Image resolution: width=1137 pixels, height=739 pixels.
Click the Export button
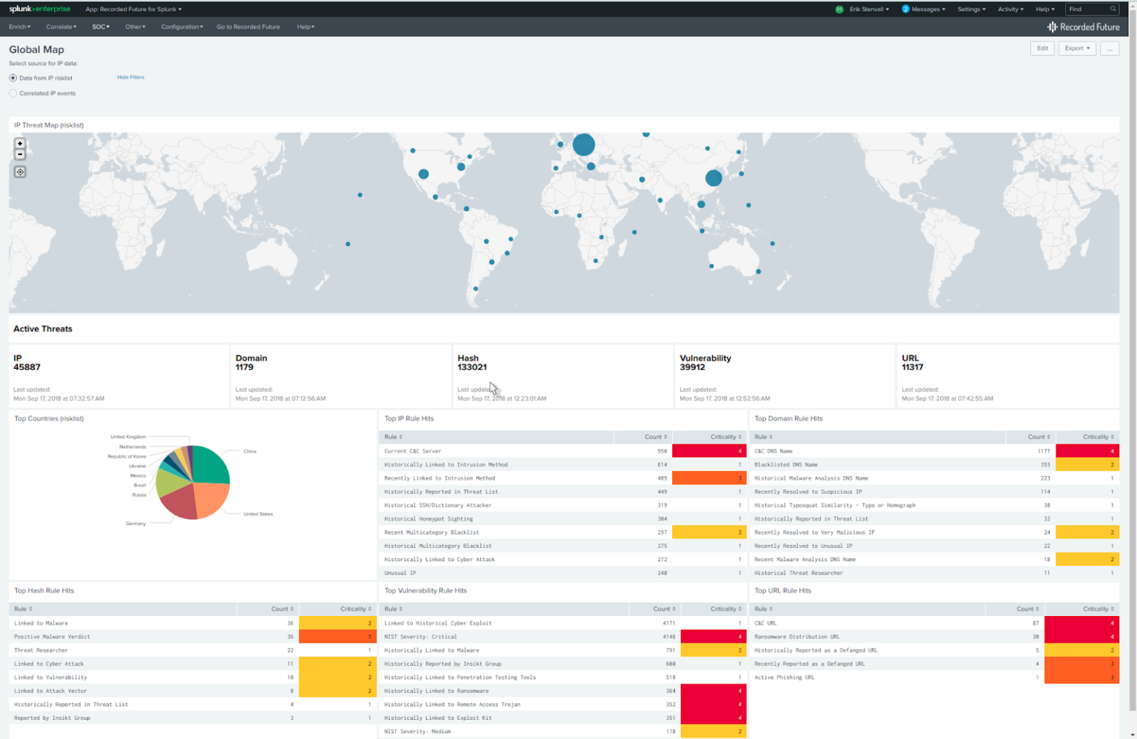tap(1076, 48)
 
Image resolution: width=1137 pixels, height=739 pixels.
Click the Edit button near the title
tap(1042, 48)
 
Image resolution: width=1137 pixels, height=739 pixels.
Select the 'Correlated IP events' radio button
tap(13, 93)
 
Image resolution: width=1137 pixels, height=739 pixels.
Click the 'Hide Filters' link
tap(130, 77)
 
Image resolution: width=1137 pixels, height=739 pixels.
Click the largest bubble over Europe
tap(583, 144)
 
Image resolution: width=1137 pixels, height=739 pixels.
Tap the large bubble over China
tap(713, 178)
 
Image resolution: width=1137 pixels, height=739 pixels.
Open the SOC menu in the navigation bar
tap(100, 27)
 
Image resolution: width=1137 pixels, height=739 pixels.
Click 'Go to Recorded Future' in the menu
tap(248, 27)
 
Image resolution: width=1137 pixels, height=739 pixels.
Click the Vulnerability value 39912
tap(692, 367)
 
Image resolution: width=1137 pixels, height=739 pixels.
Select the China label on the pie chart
tap(250, 451)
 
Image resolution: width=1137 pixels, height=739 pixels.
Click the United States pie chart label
tap(258, 514)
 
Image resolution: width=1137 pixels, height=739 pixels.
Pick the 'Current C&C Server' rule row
tap(412, 451)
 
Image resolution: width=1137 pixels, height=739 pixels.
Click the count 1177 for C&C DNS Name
tap(1043, 451)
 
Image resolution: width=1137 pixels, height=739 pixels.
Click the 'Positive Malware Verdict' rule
tap(52, 637)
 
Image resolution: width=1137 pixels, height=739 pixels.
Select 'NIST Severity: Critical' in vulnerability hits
tap(420, 637)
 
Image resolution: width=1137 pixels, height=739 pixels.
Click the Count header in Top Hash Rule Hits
tap(281, 609)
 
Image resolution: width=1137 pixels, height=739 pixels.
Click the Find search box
tap(1088, 9)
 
